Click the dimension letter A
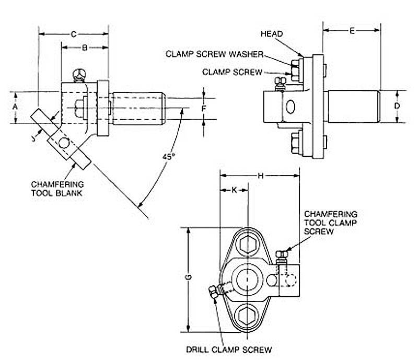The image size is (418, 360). (x=16, y=108)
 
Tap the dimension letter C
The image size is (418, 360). (x=74, y=34)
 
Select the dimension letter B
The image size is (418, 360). (x=84, y=48)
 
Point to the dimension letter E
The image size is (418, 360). (x=352, y=31)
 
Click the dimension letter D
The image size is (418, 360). (x=398, y=107)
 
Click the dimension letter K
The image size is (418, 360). (x=234, y=190)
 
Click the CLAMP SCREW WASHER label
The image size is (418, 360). (x=214, y=54)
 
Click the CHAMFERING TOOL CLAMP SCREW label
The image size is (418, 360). (x=330, y=223)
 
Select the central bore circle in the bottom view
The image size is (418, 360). (x=246, y=278)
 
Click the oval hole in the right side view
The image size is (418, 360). (x=290, y=107)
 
